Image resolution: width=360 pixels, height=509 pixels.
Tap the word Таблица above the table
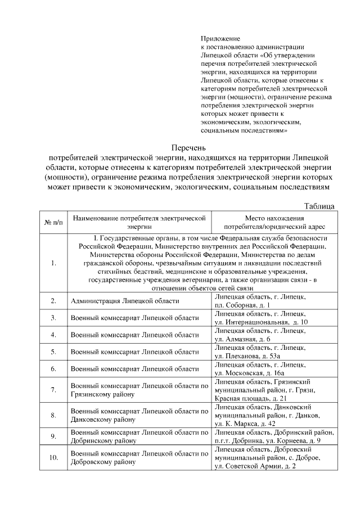tap(319, 206)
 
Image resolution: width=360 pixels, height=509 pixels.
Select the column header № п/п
tap(53, 222)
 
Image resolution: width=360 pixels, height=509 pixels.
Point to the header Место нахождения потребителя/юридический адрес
tap(274, 222)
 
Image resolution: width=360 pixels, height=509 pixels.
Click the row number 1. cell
tap(53, 263)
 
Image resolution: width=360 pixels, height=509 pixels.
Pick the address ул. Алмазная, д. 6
tap(242, 339)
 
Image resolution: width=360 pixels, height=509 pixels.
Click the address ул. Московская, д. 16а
tap(250, 373)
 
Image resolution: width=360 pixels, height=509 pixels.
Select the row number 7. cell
tap(53, 390)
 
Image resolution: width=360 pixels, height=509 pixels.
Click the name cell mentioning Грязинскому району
tap(139, 390)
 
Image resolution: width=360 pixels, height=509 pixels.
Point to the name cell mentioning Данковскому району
tap(139, 415)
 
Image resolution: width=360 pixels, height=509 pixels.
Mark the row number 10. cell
tap(53, 457)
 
